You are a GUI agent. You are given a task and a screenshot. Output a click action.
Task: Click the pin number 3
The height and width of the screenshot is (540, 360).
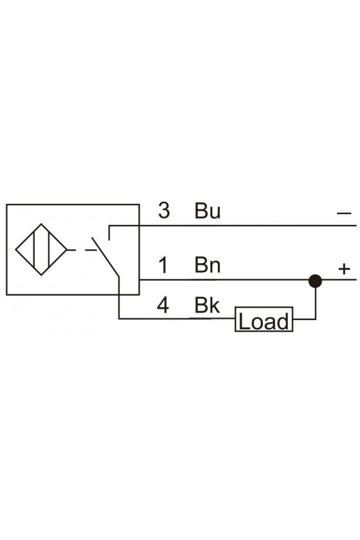(164, 210)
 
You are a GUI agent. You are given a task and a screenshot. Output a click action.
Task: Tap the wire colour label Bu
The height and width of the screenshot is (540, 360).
(208, 210)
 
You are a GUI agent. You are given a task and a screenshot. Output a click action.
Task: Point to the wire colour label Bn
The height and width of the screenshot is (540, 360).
(208, 265)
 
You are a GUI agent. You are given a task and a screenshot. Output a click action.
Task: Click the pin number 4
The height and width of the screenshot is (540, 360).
(163, 305)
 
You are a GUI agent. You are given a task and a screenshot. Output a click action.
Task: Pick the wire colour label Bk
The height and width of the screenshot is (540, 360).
(207, 305)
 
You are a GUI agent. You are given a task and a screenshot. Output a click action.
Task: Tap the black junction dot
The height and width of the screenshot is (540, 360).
(315, 281)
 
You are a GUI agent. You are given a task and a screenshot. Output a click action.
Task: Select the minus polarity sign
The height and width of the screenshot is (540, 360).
(344, 213)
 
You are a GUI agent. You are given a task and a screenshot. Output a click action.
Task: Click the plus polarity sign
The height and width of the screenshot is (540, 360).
(344, 269)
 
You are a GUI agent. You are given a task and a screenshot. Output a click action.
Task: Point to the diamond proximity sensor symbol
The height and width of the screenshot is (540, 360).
(41, 249)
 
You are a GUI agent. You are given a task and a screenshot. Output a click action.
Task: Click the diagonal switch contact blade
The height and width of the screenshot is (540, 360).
(105, 257)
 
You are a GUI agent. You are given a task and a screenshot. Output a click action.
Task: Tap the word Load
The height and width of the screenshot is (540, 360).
(264, 321)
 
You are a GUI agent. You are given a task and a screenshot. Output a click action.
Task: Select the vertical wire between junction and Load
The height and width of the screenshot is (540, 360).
(315, 303)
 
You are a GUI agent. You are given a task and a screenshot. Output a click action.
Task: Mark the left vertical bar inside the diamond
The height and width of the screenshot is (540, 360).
(34, 249)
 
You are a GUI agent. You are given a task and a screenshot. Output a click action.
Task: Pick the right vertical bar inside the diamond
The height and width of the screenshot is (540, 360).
(49, 249)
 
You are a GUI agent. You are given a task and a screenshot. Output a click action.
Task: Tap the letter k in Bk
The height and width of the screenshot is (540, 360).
(215, 305)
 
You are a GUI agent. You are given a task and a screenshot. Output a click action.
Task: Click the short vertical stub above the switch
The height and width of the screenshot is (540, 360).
(109, 233)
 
